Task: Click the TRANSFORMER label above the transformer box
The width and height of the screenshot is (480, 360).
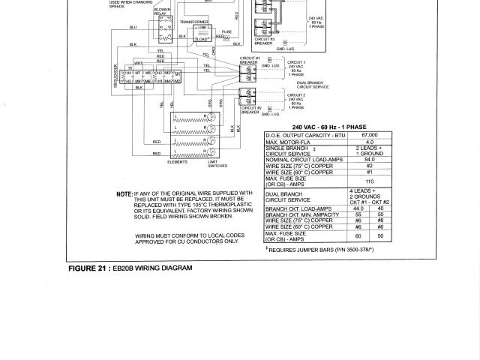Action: pos(193,22)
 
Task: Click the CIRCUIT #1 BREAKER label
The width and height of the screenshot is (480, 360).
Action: pos(250,58)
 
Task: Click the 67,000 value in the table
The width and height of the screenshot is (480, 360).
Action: pos(369,133)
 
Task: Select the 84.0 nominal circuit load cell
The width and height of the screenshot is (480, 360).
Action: pos(369,158)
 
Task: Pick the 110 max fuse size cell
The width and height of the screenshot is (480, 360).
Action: pos(369,181)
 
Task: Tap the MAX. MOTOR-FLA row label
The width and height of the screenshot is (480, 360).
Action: pos(289,140)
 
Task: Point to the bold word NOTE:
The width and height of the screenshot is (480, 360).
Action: pos(124,193)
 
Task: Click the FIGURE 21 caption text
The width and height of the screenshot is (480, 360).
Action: pos(130,268)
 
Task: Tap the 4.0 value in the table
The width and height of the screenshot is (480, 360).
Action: pos(369,140)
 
